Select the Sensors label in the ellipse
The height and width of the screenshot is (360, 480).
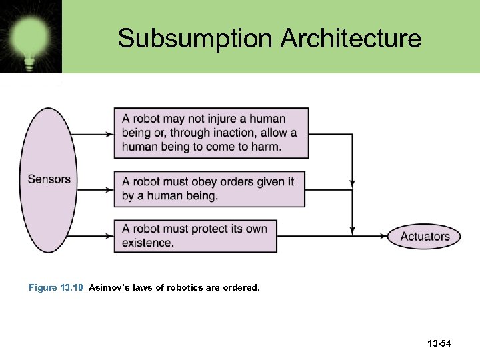(49, 179)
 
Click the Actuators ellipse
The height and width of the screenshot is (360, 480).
(425, 236)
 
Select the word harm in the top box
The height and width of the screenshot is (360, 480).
(266, 147)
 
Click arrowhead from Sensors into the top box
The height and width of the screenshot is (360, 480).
(109, 134)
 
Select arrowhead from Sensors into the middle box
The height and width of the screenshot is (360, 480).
(109, 189)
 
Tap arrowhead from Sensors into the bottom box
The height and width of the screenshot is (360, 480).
(109, 237)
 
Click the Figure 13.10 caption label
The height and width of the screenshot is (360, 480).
(56, 288)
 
